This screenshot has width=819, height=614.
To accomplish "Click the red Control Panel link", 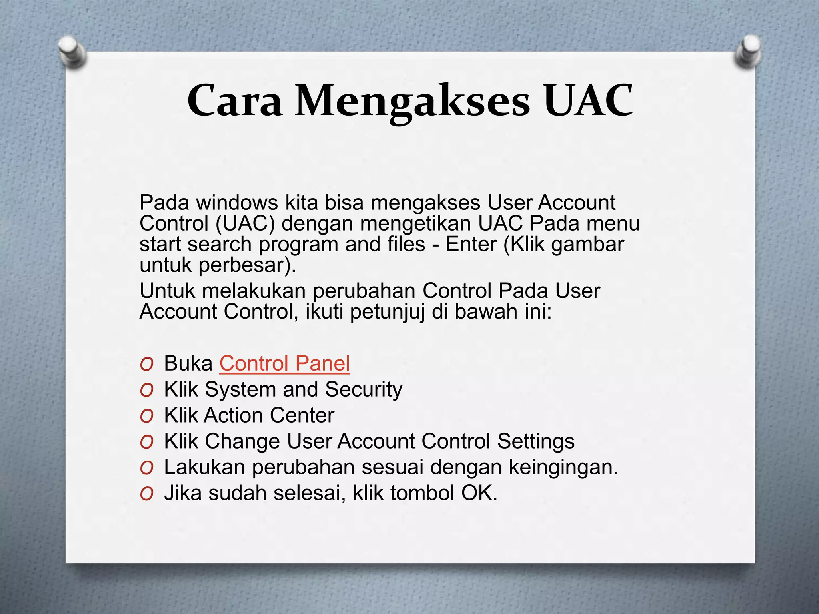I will click(x=284, y=363).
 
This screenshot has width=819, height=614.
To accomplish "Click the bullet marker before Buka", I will click(x=147, y=364).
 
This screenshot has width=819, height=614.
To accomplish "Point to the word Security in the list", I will click(x=364, y=389).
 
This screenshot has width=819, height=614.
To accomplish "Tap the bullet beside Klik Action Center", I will click(x=147, y=416).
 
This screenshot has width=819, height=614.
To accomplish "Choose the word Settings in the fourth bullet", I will click(x=536, y=441).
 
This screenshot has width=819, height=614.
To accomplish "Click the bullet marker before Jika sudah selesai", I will click(x=147, y=494).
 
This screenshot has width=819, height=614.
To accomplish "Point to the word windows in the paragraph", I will click(x=237, y=203).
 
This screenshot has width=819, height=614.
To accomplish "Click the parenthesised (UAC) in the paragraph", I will click(x=246, y=223).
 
